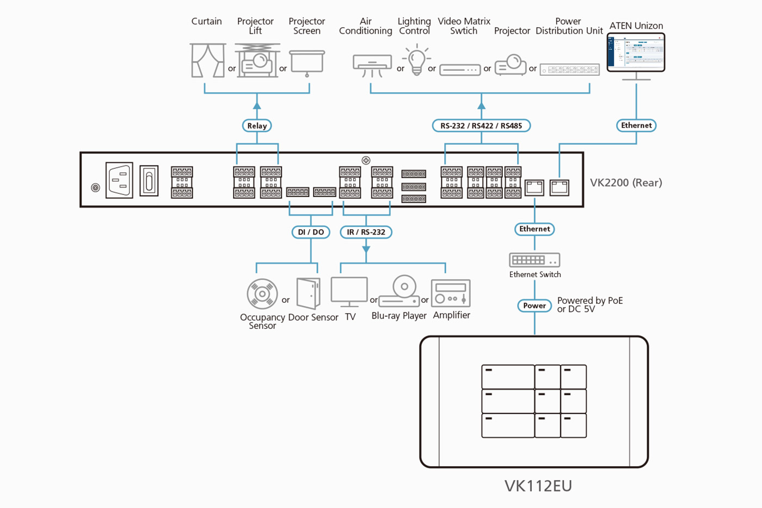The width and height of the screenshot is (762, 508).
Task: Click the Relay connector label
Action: tap(257, 126)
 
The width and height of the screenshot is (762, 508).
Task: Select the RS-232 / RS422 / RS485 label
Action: tap(481, 126)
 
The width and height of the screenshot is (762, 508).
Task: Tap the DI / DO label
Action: tap(311, 232)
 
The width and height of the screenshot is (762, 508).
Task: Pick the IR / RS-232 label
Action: tap(366, 232)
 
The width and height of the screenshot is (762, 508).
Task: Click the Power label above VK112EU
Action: tap(534, 305)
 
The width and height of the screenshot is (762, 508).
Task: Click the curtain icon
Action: tap(207, 60)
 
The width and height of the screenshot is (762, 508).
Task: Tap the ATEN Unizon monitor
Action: tap(636, 53)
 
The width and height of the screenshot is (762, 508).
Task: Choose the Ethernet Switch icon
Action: tap(534, 260)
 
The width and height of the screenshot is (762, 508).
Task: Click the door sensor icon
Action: tap(309, 294)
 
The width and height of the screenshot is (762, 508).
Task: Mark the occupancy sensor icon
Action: tap(262, 294)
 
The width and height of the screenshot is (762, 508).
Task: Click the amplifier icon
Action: tap(451, 294)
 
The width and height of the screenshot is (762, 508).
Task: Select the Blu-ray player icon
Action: tap(400, 291)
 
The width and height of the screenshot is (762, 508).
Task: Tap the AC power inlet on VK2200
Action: tap(119, 180)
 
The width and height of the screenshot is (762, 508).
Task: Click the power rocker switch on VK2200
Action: tap(149, 181)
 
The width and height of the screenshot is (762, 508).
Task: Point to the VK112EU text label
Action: tap(538, 486)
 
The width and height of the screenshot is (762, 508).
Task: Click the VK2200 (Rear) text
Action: tap(626, 183)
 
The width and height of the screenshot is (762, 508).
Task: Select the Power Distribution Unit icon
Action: tap(569, 70)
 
